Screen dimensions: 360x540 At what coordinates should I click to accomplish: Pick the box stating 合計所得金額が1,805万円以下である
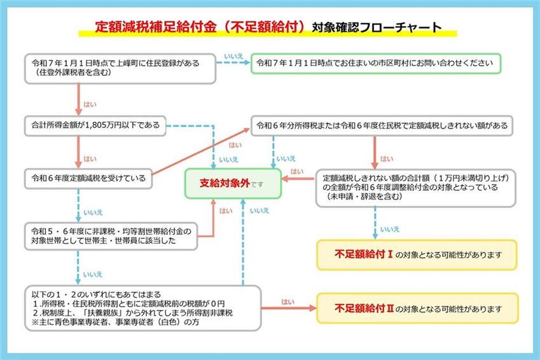point(95,124)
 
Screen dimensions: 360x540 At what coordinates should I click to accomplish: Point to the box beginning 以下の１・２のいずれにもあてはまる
point(142,308)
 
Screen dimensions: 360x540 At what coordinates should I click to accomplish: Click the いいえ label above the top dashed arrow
point(233,56)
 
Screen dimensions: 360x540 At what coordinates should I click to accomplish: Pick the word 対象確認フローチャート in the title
point(376,28)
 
